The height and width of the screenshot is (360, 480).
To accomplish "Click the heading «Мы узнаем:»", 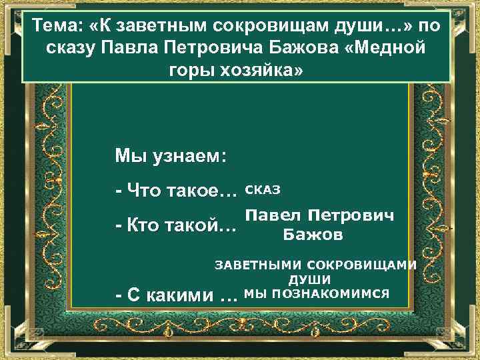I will click(171, 157).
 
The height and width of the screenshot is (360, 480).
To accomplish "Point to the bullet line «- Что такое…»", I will click(176, 192).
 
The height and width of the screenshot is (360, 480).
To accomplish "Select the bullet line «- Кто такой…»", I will click(175, 227).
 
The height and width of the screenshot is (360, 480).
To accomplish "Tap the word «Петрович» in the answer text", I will click(355, 215).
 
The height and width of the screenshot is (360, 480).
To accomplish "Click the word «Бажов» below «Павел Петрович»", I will click(313, 235).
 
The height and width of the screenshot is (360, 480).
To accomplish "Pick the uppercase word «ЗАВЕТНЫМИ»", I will click(254, 265).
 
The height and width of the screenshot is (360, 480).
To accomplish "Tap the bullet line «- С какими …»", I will click(176, 295).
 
